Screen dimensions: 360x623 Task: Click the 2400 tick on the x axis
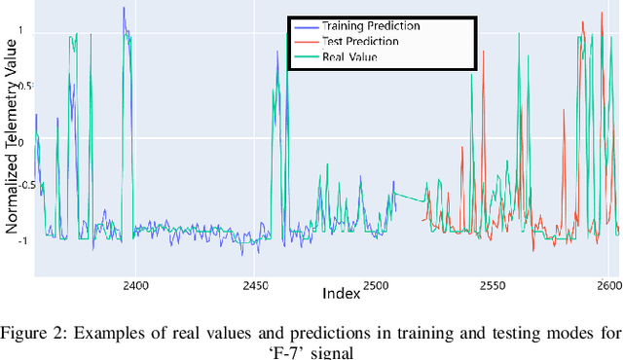click(135, 285)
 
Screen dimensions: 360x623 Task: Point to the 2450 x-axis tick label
click(256, 285)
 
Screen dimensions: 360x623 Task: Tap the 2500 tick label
click(377, 285)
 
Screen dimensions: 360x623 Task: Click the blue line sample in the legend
click(307, 25)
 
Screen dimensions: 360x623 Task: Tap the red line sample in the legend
click(307, 41)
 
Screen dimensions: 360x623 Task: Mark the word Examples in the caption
click(104, 332)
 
